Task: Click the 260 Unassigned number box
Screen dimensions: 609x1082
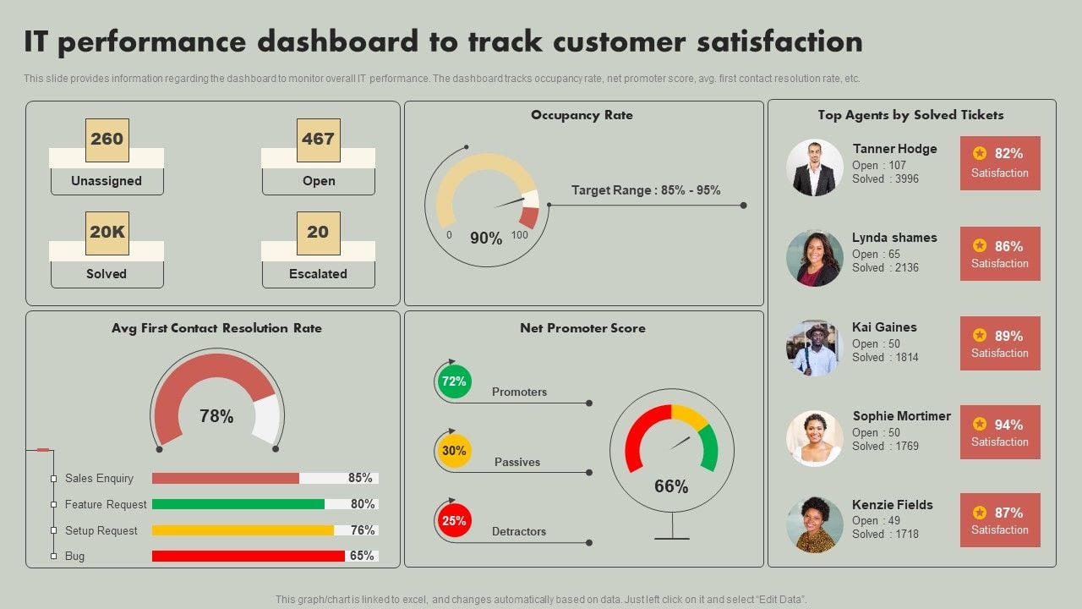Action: (107, 140)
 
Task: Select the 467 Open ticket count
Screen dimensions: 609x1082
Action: (319, 140)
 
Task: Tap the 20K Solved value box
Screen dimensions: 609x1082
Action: (107, 233)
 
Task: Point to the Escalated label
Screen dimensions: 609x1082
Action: (318, 274)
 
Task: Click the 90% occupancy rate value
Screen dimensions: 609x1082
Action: (486, 239)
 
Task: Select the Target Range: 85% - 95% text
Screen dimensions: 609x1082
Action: (646, 190)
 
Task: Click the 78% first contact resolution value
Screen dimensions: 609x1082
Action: (216, 416)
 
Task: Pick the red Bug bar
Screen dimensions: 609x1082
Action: (249, 556)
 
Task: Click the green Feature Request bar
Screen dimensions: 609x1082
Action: (238, 504)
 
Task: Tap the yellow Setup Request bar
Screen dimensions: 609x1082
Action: (243, 530)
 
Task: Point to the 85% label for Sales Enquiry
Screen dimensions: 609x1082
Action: (361, 478)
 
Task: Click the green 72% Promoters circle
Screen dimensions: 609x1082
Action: (454, 381)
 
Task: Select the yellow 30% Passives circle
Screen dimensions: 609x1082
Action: (454, 451)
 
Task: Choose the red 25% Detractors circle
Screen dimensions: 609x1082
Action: (454, 521)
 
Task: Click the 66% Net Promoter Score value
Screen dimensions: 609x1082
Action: (671, 486)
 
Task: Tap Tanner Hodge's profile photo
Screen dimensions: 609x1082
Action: (815, 167)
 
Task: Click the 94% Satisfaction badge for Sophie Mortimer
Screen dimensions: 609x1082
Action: (1000, 432)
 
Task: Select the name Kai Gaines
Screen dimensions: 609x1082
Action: (884, 327)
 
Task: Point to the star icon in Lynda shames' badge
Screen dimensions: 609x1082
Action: (980, 246)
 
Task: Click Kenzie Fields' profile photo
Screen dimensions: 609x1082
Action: (815, 524)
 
